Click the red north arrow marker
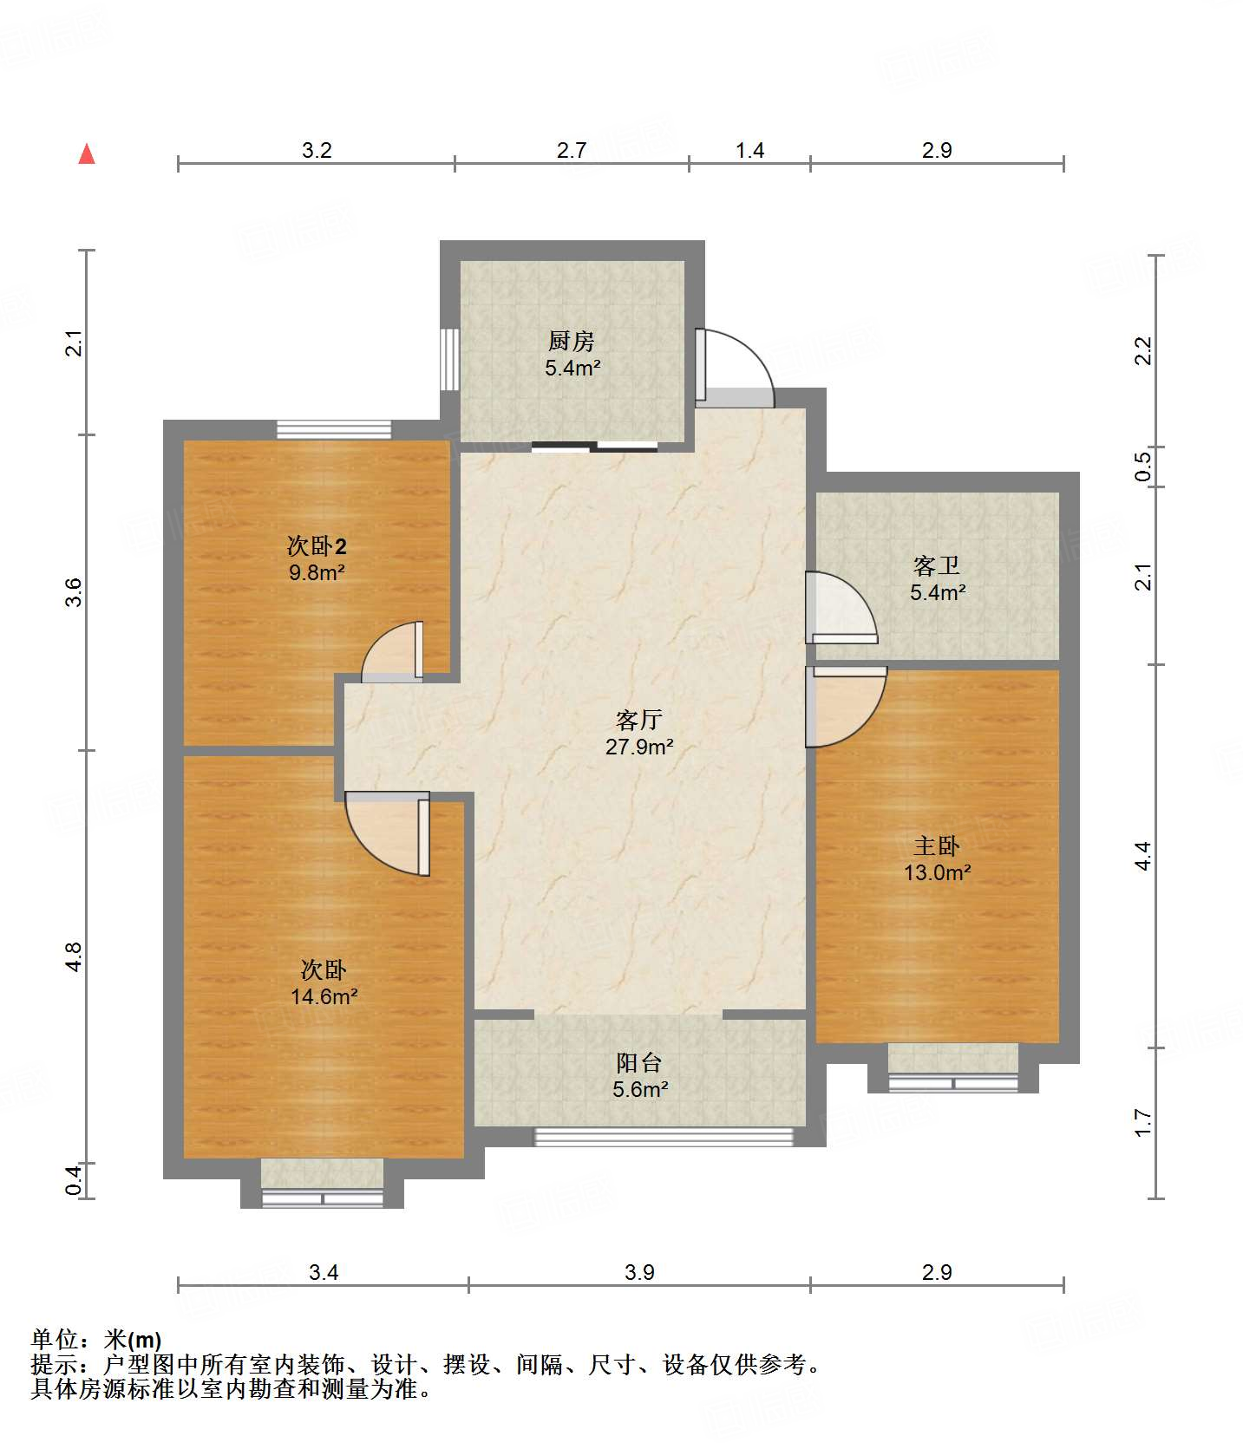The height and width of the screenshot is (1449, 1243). point(87,153)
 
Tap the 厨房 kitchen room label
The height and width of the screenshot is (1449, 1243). point(572,341)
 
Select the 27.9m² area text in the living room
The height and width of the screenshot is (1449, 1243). point(639,747)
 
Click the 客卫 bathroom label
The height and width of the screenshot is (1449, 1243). point(937,566)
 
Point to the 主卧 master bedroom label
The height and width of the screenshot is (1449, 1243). point(937,845)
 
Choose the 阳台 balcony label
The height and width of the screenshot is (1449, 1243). point(639,1062)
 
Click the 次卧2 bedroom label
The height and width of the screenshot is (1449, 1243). point(317,546)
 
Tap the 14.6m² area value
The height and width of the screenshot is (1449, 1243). point(324,996)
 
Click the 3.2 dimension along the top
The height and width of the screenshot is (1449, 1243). point(317,150)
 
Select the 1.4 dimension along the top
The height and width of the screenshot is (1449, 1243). point(749,150)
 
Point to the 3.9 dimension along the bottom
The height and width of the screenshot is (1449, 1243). point(639,1272)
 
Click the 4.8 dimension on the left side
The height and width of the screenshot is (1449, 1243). point(74,956)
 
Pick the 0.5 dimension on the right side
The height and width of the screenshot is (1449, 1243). point(1143,467)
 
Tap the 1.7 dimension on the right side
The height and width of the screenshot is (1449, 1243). point(1143,1123)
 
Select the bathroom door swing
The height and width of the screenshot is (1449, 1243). point(841,607)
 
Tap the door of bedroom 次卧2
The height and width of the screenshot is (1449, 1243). point(392,651)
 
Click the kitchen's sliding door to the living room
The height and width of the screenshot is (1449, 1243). point(595,447)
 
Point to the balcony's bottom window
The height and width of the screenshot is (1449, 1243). point(664,1136)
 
